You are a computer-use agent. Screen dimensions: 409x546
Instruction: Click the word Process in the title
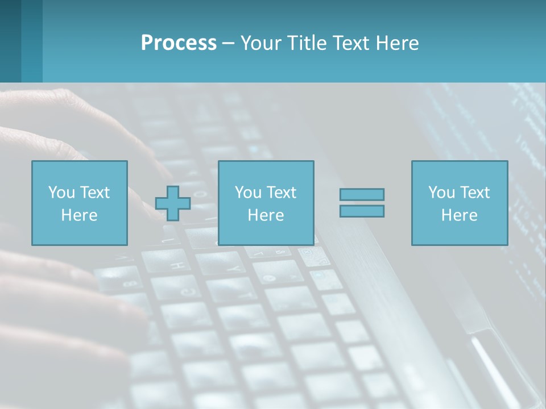(x=179, y=43)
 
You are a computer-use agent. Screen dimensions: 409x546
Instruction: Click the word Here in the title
(x=399, y=43)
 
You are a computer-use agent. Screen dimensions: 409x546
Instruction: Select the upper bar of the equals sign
(x=362, y=194)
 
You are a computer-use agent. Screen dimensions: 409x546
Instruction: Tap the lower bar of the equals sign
(x=362, y=211)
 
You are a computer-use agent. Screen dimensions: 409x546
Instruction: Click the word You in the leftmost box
(x=61, y=193)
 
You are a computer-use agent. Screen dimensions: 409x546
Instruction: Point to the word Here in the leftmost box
(x=80, y=215)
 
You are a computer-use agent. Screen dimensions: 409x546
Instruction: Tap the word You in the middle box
(x=247, y=193)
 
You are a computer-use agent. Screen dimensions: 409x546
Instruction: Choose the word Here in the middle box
(x=266, y=215)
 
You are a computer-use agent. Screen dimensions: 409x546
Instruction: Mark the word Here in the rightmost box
(x=460, y=215)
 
